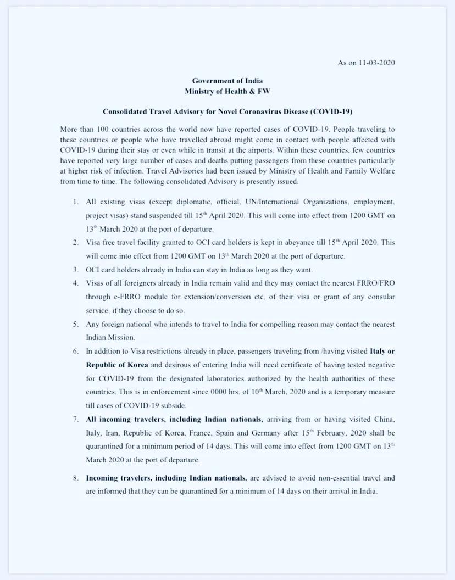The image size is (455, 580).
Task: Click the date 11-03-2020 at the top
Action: coord(378,63)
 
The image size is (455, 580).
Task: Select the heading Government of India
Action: coord(227,81)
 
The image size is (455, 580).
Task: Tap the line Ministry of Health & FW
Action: coord(227,91)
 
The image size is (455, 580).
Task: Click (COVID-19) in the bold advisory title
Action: coord(331,111)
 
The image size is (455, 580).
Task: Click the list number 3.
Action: coord(76,270)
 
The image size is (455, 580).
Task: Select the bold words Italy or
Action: coord(382,350)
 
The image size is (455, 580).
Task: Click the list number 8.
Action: coord(76,478)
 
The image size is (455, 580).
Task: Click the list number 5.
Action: coord(76,324)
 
